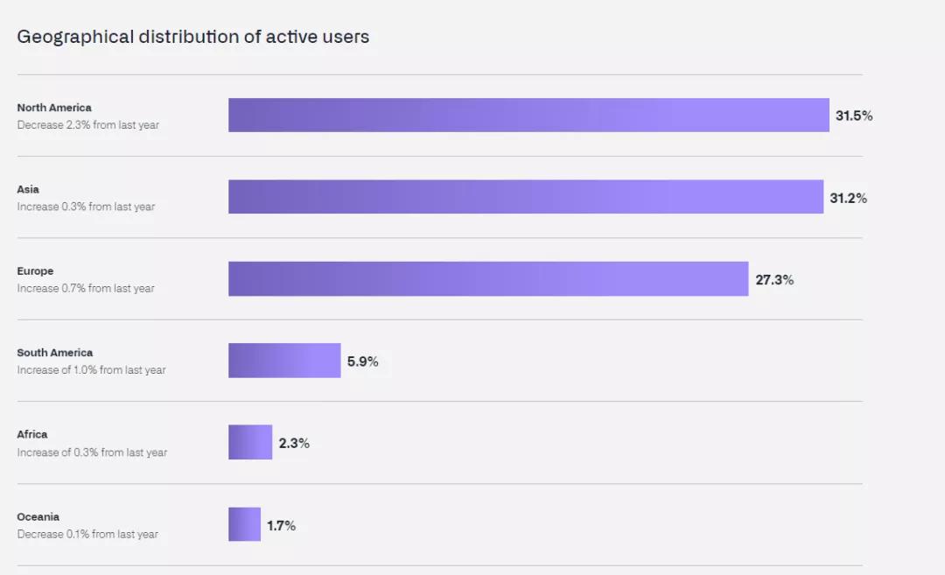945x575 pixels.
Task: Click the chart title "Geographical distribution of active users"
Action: pyautogui.click(x=192, y=37)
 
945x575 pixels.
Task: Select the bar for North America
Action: pyautogui.click(x=528, y=116)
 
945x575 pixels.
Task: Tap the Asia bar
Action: pyautogui.click(x=526, y=197)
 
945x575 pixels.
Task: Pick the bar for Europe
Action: pyautogui.click(x=488, y=279)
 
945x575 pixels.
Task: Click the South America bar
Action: pyautogui.click(x=284, y=361)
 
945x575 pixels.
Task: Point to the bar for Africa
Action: pyautogui.click(x=250, y=442)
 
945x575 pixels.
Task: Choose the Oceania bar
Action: pyautogui.click(x=244, y=524)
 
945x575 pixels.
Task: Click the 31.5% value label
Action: pyautogui.click(x=853, y=116)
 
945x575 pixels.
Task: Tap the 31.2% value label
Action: pyautogui.click(x=848, y=198)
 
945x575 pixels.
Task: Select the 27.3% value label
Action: pyautogui.click(x=774, y=280)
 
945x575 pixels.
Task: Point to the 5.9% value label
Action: pyautogui.click(x=362, y=361)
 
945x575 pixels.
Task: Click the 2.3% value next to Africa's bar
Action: pyautogui.click(x=294, y=443)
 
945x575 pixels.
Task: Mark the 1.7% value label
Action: pyautogui.click(x=281, y=525)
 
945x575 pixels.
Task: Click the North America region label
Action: pyautogui.click(x=54, y=108)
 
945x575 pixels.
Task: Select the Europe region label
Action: pyautogui.click(x=35, y=271)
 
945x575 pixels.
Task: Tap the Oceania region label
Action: pyautogui.click(x=38, y=516)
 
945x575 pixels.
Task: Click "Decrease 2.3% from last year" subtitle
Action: pyautogui.click(x=87, y=125)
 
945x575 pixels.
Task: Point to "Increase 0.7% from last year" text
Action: pyautogui.click(x=86, y=288)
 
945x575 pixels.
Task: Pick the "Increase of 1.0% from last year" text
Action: pyautogui.click(x=91, y=370)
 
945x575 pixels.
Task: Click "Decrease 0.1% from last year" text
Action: pyautogui.click(x=87, y=534)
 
